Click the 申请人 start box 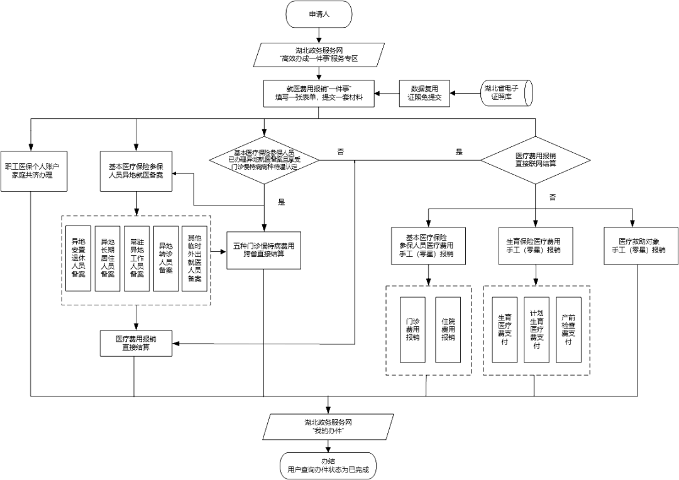[x=328, y=14]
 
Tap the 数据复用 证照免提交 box [x=425, y=94]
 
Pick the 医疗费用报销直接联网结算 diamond [x=536, y=160]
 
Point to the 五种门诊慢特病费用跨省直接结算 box [x=263, y=250]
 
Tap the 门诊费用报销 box [x=413, y=329]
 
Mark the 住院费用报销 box [x=448, y=329]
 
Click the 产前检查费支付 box [x=568, y=329]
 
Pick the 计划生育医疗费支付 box [x=536, y=329]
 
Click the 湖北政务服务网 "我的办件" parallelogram [x=328, y=427]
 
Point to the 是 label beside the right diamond [x=459, y=152]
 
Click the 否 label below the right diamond [x=553, y=197]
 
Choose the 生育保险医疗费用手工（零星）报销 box [x=533, y=245]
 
